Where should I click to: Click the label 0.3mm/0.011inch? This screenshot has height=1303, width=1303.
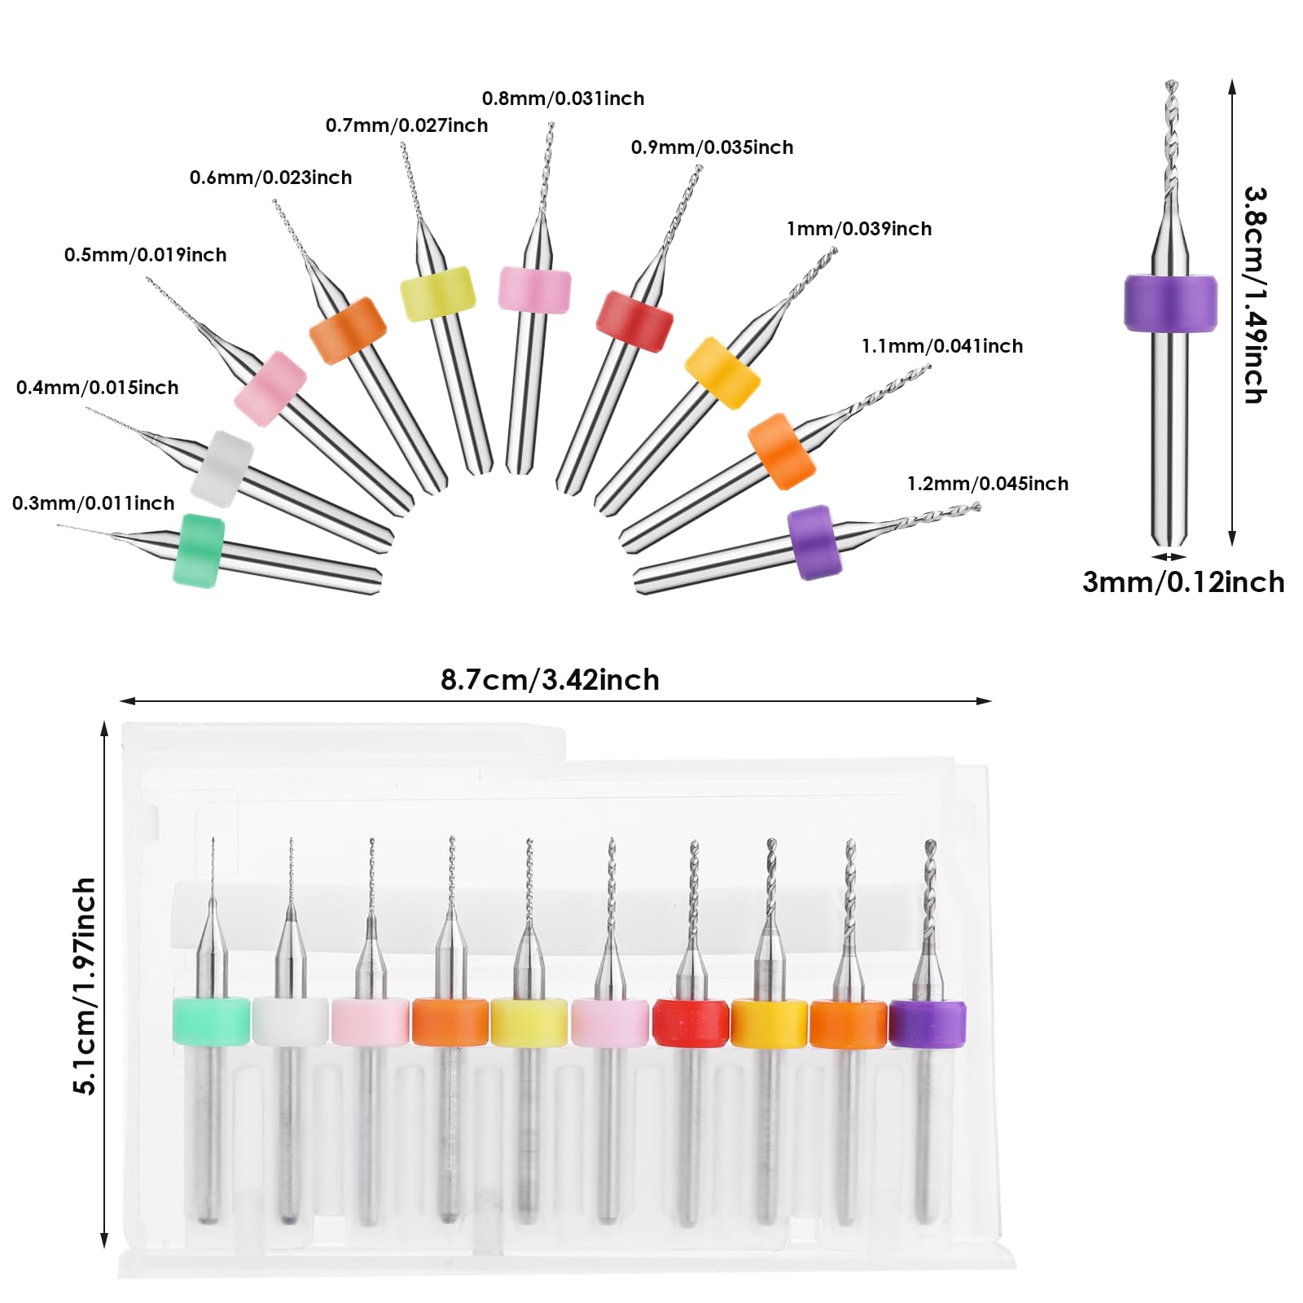coord(93,503)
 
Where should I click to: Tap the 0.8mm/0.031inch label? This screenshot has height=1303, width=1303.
coord(563,99)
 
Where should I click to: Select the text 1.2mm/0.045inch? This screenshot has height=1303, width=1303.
coord(988,484)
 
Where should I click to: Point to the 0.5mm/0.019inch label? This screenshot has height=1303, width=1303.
coord(145,255)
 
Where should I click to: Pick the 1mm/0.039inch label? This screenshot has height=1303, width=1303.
coord(859,229)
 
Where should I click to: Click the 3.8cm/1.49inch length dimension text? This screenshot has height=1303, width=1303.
coord(1255,295)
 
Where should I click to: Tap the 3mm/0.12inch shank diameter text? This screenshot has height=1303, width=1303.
coord(1183,582)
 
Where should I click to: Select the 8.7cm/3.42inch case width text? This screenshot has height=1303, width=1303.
coord(550,680)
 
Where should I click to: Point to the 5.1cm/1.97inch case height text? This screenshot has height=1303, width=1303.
coord(85,985)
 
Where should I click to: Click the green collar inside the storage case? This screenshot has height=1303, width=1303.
coord(211,1020)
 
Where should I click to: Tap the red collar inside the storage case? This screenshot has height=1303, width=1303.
coord(691,1023)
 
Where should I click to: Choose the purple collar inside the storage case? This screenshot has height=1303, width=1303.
coord(927,1024)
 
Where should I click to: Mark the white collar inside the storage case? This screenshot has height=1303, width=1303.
coord(291,1020)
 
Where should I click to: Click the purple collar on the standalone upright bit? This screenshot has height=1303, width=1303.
coord(1170,303)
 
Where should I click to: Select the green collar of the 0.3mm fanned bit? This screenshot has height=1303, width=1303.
coord(199,550)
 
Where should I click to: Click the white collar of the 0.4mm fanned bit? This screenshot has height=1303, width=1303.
coord(222,469)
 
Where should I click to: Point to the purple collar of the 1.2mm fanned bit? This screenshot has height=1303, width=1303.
coord(814,542)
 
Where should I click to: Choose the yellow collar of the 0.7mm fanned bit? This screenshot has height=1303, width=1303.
coord(438,294)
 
